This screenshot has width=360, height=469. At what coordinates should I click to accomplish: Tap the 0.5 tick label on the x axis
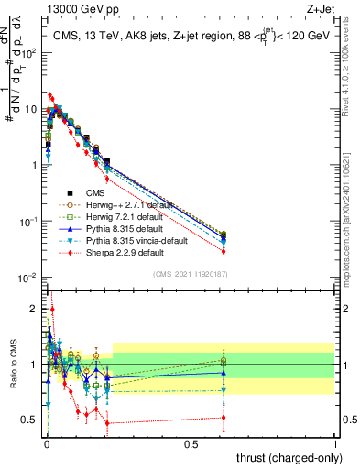point(191,443)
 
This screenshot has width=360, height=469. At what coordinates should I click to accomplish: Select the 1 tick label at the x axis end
point(335,443)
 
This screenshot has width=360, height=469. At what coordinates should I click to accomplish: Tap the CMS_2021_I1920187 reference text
point(191,274)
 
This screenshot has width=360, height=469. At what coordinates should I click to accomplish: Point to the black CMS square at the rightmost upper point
point(224,235)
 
